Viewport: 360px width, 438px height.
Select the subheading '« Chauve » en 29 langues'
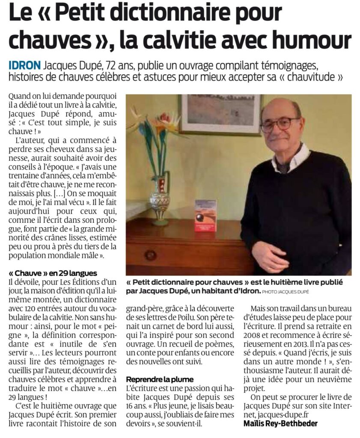52,273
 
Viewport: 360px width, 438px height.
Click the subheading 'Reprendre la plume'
160,379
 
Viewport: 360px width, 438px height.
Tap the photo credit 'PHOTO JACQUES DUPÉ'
290,292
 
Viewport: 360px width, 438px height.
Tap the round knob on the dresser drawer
150,255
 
